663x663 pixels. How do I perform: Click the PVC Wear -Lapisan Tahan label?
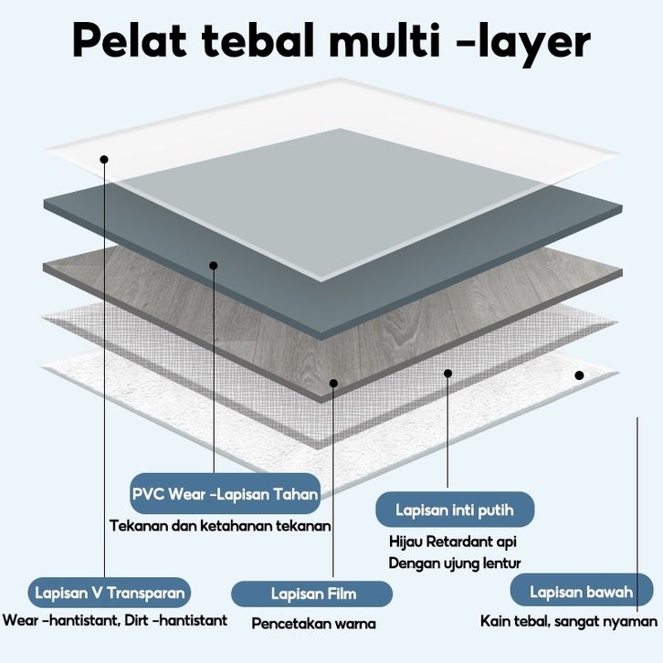click(225, 494)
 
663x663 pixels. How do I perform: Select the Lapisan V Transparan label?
click(110, 593)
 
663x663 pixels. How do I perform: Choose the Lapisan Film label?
click(313, 594)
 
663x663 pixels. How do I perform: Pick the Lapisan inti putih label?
click(454, 509)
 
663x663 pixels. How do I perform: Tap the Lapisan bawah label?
click(581, 592)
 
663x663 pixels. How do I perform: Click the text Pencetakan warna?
click(313, 624)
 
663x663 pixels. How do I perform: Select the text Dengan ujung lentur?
click(455, 563)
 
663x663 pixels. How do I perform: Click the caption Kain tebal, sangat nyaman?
click(569, 621)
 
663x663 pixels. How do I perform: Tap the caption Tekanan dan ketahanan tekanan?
click(220, 525)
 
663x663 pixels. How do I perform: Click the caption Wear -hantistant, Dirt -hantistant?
click(115, 620)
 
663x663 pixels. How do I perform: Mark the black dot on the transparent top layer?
click(105, 159)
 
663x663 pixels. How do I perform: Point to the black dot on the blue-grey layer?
click(213, 266)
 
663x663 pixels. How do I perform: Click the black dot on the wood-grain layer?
click(334, 384)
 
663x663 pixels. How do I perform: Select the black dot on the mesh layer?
click(447, 373)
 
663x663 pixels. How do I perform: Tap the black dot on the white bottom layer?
click(579, 374)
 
